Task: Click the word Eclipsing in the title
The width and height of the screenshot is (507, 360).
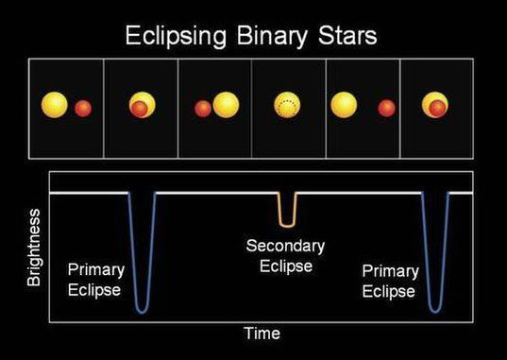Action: pyautogui.click(x=177, y=37)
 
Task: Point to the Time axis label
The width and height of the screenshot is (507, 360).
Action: pyautogui.click(x=262, y=333)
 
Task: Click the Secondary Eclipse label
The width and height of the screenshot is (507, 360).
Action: pyautogui.click(x=285, y=256)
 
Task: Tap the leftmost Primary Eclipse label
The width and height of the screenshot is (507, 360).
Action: pyautogui.click(x=94, y=281)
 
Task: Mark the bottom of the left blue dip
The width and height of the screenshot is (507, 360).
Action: pyautogui.click(x=143, y=309)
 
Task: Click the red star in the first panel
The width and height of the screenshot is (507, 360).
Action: pyautogui.click(x=82, y=108)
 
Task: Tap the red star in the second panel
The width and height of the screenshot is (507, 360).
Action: pyautogui.click(x=140, y=110)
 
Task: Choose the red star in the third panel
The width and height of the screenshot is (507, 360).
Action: pyautogui.click(x=203, y=109)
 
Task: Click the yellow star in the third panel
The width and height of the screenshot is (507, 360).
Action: pyautogui.click(x=227, y=106)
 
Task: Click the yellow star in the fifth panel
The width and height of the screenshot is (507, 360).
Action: pyautogui.click(x=345, y=105)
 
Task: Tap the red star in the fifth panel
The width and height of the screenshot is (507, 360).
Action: pyautogui.click(x=386, y=109)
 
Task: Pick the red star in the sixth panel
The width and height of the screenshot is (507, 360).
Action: pyautogui.click(x=437, y=110)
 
